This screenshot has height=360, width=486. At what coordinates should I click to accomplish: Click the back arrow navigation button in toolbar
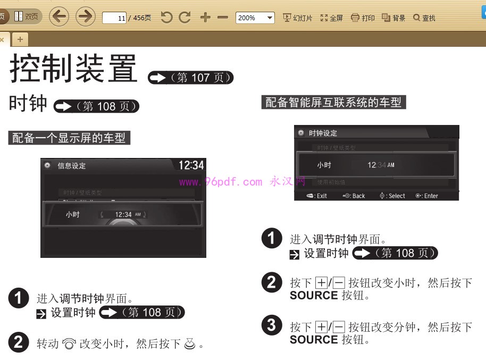pyautogui.click(x=59, y=17)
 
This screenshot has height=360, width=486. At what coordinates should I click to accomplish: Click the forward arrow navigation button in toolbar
pyautogui.click(x=85, y=17)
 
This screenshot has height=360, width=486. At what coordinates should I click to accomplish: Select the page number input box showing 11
pyautogui.click(x=114, y=18)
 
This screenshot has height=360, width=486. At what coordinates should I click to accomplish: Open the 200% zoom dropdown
pyautogui.click(x=255, y=18)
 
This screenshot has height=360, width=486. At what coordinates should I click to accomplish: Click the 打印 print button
pyautogui.click(x=363, y=18)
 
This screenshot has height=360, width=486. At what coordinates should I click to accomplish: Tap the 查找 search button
pyautogui.click(x=424, y=18)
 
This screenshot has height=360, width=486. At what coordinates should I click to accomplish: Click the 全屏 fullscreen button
pyautogui.click(x=332, y=18)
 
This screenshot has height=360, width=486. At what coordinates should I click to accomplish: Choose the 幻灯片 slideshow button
pyautogui.click(x=298, y=18)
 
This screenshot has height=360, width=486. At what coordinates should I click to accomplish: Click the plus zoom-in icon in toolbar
pyautogui.click(x=205, y=18)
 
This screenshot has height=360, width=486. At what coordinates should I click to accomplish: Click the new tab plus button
pyautogui.click(x=20, y=39)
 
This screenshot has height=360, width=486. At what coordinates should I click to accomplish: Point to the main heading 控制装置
pyautogui.click(x=73, y=68)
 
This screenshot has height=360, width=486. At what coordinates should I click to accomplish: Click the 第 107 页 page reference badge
pyautogui.click(x=191, y=78)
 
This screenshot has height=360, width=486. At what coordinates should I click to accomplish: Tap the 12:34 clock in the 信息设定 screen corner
pyautogui.click(x=191, y=165)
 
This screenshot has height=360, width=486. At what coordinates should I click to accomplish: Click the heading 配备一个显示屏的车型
pyautogui.click(x=69, y=138)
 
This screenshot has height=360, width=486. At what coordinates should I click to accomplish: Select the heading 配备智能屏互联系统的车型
pyautogui.click(x=334, y=102)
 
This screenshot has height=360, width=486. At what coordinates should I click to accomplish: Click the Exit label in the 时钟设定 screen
pyautogui.click(x=317, y=196)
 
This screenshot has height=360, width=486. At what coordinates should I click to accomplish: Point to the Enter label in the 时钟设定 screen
pyautogui.click(x=427, y=196)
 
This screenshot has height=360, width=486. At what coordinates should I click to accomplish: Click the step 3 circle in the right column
pyautogui.click(x=272, y=325)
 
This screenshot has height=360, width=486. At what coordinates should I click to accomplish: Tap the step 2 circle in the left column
pyautogui.click(x=19, y=342)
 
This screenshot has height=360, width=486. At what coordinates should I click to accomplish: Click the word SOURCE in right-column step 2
pyautogui.click(x=314, y=295)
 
